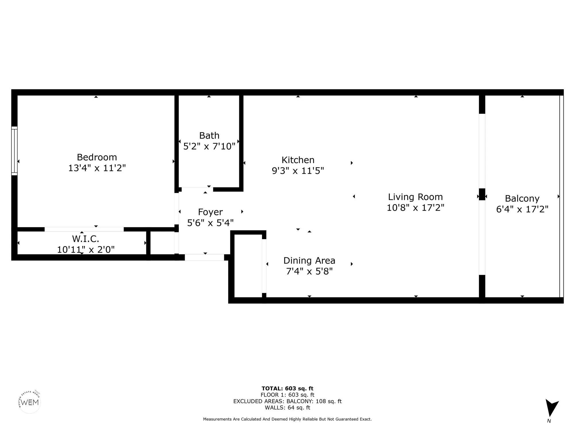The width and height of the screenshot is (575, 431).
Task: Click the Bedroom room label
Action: [97, 157]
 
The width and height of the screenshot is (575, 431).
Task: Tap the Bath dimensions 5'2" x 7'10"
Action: [209, 146]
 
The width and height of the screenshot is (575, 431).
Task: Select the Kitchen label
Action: [298, 160]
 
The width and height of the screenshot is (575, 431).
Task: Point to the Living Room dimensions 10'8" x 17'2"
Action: [415, 207]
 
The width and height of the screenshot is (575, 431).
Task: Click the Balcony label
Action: [522, 199]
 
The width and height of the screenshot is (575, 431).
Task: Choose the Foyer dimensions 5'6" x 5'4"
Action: [210, 223]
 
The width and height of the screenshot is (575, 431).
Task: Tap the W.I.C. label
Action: [85, 238]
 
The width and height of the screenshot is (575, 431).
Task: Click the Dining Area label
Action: [309, 261]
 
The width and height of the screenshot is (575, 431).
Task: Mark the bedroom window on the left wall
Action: [14, 151]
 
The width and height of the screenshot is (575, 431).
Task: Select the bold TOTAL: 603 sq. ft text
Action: [287, 388]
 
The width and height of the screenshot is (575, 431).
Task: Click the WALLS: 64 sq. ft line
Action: [287, 407]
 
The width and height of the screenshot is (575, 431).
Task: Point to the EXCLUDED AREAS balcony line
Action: [287, 401]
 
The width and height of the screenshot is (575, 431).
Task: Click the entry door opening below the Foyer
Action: [204, 257]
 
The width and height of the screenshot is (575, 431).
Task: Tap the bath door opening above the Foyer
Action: [197, 189]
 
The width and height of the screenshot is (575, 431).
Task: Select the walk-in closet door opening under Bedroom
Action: [84, 229]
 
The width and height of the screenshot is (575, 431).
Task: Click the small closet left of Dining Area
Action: [248, 266]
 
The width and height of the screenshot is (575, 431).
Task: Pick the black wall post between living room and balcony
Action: [482, 194]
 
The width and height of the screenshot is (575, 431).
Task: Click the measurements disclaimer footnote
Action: [287, 419]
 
